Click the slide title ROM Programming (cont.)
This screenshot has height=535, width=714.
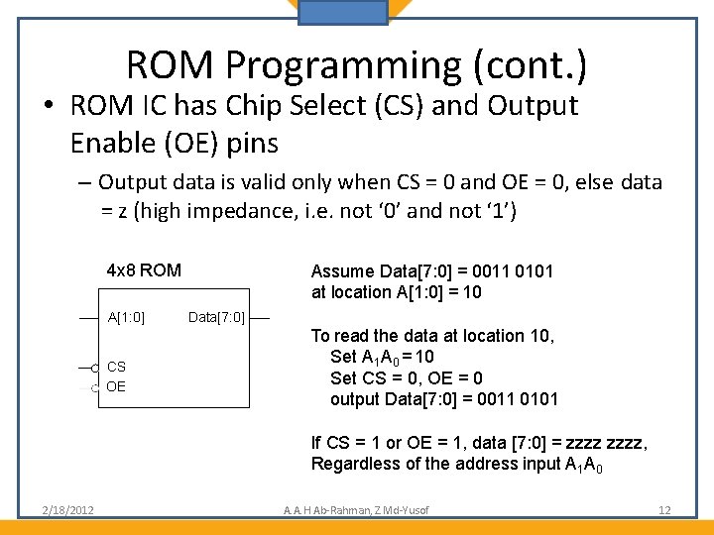tap(356, 65)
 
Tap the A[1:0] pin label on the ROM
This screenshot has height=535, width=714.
tap(126, 318)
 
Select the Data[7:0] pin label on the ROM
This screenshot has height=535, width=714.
tap(216, 318)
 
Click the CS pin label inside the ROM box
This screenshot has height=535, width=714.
tap(116, 368)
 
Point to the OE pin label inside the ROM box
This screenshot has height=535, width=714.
tap(116, 386)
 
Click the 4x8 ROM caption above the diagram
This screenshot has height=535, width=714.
tap(144, 269)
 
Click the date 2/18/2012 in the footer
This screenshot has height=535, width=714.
tap(68, 510)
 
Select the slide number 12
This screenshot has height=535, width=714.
tap(664, 510)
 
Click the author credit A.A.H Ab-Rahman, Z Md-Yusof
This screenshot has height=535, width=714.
tap(356, 510)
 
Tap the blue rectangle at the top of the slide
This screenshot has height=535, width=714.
tap(343, 12)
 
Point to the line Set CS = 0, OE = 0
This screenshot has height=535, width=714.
tap(407, 377)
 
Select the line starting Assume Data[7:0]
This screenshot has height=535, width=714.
tap(432, 271)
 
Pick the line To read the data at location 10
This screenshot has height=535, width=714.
tap(432, 335)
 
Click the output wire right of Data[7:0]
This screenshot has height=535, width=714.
tap(260, 318)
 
